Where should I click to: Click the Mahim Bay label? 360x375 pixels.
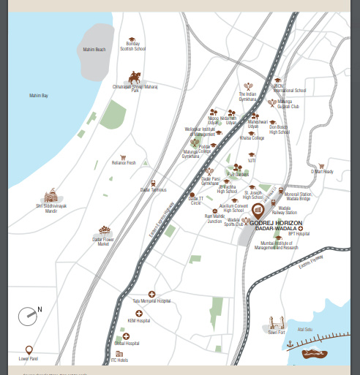39,96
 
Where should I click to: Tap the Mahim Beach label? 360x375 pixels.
94,50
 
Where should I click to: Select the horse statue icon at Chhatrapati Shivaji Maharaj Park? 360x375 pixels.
134,77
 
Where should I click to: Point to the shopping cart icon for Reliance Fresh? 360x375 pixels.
124,157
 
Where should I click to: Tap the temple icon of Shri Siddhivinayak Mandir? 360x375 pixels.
51,197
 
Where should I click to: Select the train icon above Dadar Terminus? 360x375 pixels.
153,183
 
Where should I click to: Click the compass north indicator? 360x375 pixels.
29,316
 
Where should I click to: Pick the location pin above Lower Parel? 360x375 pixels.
29,351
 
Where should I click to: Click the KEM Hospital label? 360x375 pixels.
138,320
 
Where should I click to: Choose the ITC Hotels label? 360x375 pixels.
119,360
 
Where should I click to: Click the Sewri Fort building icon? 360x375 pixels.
276,322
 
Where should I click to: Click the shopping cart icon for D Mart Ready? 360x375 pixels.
321,166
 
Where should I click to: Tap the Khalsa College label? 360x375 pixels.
252,137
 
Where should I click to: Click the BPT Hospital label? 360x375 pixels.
299,235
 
